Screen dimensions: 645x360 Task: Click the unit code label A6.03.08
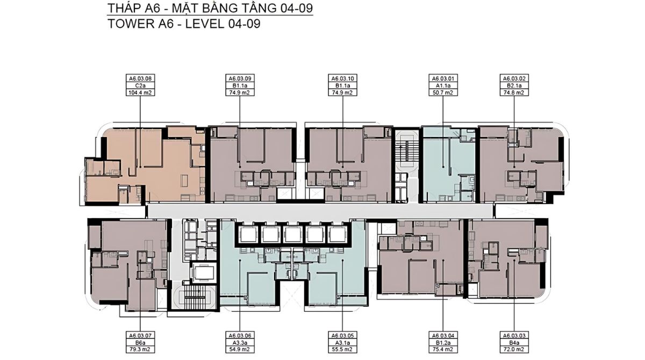(140, 78)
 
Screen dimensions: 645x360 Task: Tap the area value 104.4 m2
(140, 92)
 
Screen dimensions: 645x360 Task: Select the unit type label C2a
(140, 85)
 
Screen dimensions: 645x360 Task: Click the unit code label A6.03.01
(443, 78)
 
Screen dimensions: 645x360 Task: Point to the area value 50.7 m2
(443, 92)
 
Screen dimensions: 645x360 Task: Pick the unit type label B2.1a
(514, 85)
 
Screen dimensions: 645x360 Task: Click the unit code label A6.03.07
(140, 335)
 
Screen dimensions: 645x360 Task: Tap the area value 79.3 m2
(140, 349)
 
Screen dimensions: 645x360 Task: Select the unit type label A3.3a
(240, 342)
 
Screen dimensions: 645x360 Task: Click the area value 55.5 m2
(343, 349)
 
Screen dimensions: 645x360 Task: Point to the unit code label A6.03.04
(443, 335)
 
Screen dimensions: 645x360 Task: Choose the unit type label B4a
(514, 342)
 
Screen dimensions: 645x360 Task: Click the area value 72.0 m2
(514, 349)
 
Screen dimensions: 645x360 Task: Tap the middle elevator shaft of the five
(292, 234)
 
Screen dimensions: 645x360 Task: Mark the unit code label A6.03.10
(343, 78)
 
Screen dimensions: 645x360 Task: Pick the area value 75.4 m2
(443, 349)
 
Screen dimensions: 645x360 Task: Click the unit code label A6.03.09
(240, 78)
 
